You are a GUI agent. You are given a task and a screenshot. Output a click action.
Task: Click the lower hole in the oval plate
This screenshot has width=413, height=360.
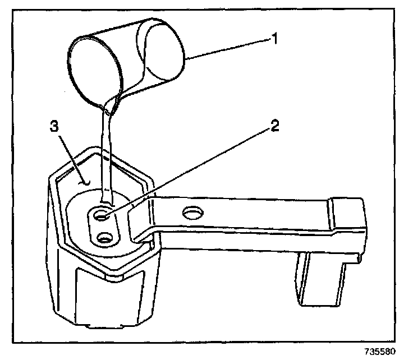[104, 239]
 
